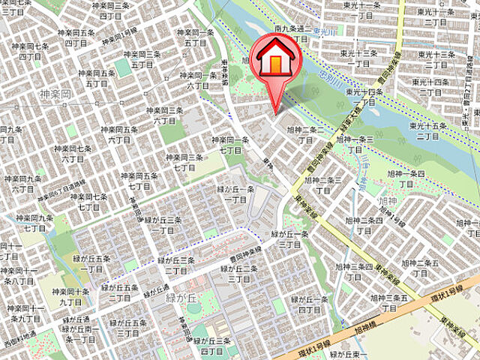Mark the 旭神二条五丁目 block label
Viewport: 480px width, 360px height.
(x=420, y=268)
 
